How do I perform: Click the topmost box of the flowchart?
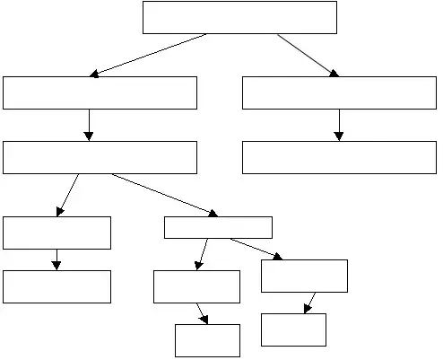(239, 17)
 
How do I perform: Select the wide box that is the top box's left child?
(100, 92)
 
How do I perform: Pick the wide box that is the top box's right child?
(339, 92)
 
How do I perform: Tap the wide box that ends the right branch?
(339, 157)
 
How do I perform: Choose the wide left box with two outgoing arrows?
(100, 157)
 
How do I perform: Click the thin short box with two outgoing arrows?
(218, 227)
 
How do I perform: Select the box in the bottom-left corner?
(56, 286)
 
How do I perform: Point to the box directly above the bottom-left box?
(56, 233)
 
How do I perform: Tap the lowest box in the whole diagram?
(207, 340)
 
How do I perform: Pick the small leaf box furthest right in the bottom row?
(293, 329)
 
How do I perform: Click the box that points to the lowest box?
(196, 286)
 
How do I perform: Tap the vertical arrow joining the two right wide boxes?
(339, 125)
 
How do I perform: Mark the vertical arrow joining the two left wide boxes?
(89, 125)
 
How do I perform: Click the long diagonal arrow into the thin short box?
(164, 195)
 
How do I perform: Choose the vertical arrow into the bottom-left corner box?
(56, 259)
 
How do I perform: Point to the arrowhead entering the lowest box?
(205, 320)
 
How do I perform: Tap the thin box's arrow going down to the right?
(256, 249)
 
